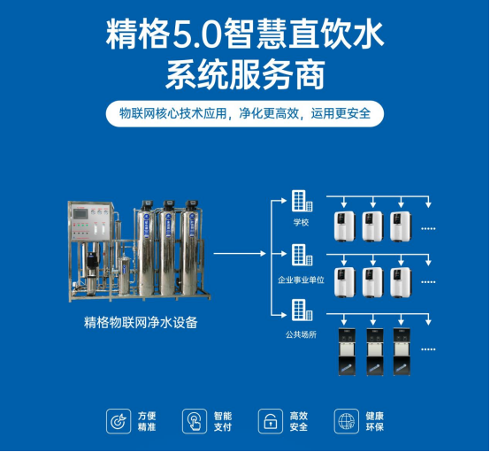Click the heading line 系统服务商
[245, 74]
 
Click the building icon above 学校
[301, 202]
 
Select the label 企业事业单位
[301, 279]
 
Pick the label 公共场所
[301, 335]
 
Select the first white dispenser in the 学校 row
[344, 227]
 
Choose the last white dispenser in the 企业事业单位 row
[401, 282]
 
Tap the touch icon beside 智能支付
[193, 421]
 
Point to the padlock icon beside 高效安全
[270, 421]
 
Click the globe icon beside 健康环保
[346, 421]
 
